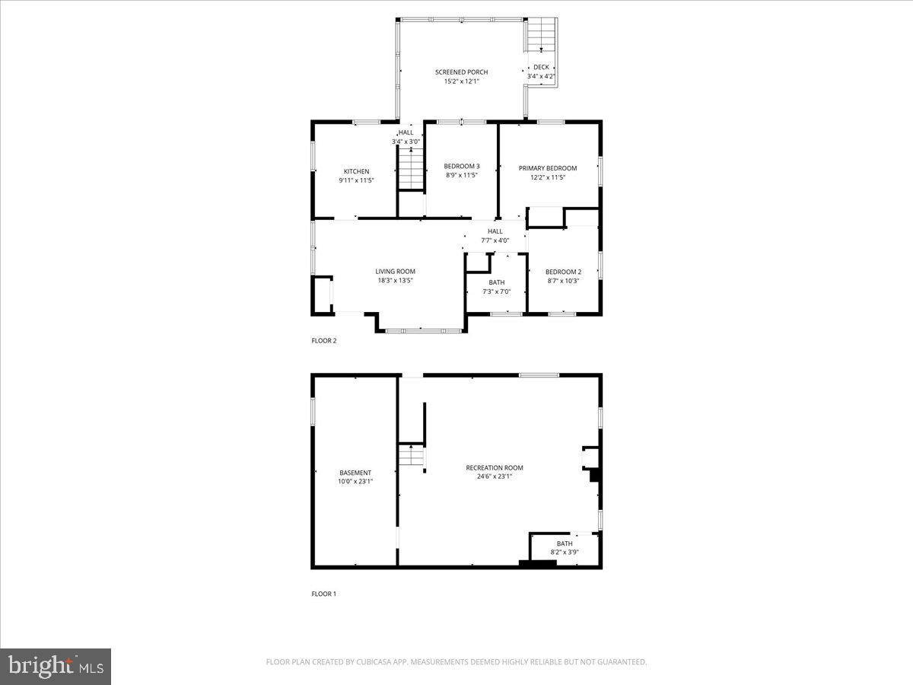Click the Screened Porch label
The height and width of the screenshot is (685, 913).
[x=461, y=72]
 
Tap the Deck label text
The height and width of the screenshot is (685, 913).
[x=541, y=67]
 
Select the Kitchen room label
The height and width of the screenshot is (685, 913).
[x=356, y=171]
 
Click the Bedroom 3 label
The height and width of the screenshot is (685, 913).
[x=462, y=166]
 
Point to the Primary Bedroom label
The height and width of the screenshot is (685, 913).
[x=548, y=168]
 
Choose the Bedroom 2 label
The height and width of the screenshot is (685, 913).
[x=563, y=272]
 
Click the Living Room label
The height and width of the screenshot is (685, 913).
[x=395, y=271]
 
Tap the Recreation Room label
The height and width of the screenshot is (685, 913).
[x=495, y=467]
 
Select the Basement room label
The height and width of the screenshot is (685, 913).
[x=355, y=473]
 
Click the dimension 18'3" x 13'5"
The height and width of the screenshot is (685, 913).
[x=395, y=280]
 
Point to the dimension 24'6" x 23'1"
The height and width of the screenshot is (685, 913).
[x=495, y=476]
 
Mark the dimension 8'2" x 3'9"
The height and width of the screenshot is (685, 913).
[x=565, y=553]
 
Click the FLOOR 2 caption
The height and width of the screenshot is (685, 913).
[x=323, y=341]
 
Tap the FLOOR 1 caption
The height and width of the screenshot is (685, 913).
[x=323, y=594]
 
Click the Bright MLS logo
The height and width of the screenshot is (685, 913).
[x=56, y=667]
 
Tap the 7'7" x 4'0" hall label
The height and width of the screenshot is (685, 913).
[x=495, y=241]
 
